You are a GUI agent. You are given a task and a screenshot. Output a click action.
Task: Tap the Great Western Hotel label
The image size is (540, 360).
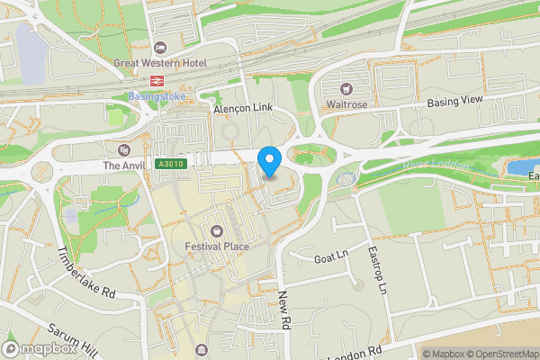(x=160, y=63)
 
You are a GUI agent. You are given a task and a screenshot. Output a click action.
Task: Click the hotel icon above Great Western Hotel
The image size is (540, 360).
(x=160, y=48)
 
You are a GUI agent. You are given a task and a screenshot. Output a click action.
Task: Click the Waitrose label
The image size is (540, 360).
(x=346, y=104)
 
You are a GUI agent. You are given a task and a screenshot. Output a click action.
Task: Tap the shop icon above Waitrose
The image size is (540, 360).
(x=346, y=89)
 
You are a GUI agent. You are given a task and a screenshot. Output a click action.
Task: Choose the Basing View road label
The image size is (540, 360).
(x=454, y=103)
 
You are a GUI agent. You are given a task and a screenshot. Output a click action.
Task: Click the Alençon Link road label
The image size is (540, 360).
(x=243, y=108)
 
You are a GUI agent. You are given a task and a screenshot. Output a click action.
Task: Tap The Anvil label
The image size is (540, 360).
(x=123, y=166)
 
